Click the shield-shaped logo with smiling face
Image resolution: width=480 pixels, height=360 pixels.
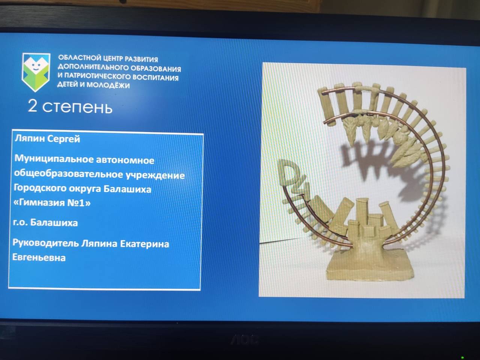36,72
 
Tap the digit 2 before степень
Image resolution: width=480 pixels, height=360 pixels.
32,106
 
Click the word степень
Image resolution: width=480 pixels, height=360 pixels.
77,108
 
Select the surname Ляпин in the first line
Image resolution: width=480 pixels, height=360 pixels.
30,139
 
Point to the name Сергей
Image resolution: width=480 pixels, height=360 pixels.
64,139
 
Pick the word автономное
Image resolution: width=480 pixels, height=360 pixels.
125,160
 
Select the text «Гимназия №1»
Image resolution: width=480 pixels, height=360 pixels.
52,203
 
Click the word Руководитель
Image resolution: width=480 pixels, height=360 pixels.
45,243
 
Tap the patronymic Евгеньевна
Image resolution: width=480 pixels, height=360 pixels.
39,257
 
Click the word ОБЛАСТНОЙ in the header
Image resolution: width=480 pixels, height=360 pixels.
79,58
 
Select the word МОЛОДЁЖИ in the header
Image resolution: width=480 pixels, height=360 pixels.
108,85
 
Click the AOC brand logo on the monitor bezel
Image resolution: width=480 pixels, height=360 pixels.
244,340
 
